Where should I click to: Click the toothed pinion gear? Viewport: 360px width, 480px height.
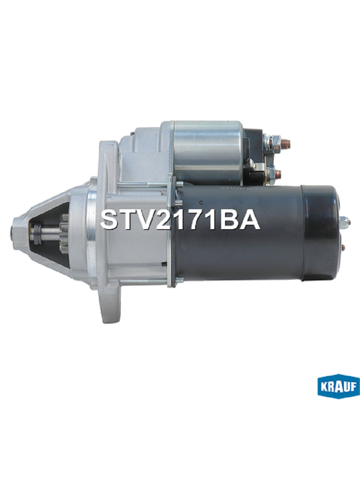click(x=64, y=234)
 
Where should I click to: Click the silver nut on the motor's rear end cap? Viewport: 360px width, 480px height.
click(x=344, y=221)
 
